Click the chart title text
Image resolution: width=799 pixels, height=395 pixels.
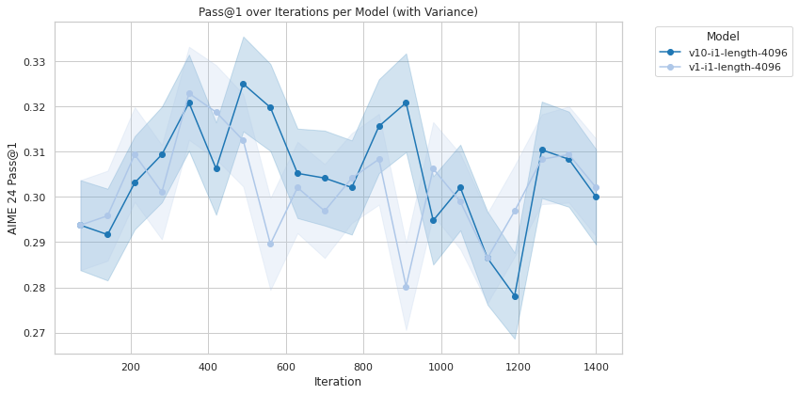pyautogui.click(x=338, y=12)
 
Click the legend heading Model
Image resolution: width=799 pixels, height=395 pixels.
pyautogui.click(x=723, y=37)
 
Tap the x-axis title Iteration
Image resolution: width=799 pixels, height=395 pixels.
pyautogui.click(x=338, y=382)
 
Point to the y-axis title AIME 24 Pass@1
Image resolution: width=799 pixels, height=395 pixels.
pyautogui.click(x=13, y=188)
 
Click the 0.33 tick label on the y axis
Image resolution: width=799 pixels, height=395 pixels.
pyautogui.click(x=34, y=62)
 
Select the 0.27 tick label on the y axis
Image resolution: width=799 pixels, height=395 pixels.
pyautogui.click(x=34, y=333)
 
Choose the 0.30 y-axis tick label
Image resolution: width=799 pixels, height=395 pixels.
pyautogui.click(x=34, y=197)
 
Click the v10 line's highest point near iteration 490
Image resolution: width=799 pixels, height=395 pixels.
pyautogui.click(x=243, y=84)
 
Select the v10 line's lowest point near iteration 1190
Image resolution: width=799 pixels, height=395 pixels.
pyautogui.click(x=515, y=296)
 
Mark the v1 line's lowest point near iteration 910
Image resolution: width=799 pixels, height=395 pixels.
pyautogui.click(x=406, y=287)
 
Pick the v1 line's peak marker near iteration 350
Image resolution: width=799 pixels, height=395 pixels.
pyautogui.click(x=189, y=94)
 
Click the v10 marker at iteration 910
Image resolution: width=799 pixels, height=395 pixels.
pyautogui.click(x=406, y=103)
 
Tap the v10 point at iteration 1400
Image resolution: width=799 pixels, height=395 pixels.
pyautogui.click(x=596, y=197)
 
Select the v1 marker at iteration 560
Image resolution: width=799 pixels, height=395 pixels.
pyautogui.click(x=270, y=244)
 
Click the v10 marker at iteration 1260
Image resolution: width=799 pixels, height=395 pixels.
pyautogui.click(x=542, y=150)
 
